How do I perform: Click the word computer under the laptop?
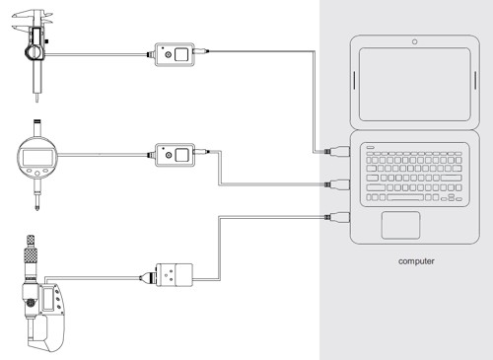[x=416, y=261]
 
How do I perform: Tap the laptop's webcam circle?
[x=415, y=41]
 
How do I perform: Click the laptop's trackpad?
[x=400, y=225]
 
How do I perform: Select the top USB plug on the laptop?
[x=337, y=152]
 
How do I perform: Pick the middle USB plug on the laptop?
[x=337, y=184]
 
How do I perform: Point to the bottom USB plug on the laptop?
[x=337, y=217]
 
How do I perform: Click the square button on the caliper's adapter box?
[x=181, y=54]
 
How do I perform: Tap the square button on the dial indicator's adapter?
[x=181, y=155]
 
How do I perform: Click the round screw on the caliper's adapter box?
[x=169, y=54]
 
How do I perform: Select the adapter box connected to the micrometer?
[x=175, y=275]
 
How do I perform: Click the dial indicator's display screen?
[x=37, y=158]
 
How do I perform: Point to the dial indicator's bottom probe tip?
[x=37, y=208]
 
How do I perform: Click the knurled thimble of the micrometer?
[x=32, y=256]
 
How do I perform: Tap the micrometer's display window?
[x=48, y=299]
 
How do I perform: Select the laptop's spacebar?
[x=405, y=197]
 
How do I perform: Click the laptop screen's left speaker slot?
[x=354, y=80]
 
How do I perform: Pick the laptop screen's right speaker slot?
[x=475, y=80]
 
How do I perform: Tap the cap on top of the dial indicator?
[x=37, y=122]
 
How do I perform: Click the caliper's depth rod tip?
[x=36, y=99]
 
